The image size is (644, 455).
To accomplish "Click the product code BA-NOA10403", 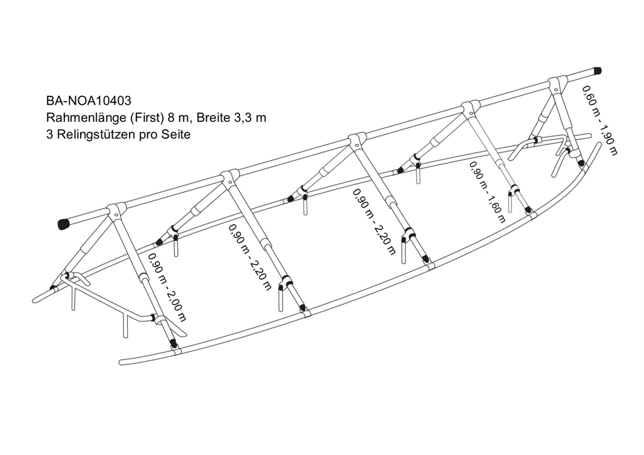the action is (x=89, y=101).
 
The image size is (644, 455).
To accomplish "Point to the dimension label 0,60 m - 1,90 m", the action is (x=600, y=120).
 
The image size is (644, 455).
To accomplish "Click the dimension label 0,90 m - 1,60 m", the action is (x=487, y=192).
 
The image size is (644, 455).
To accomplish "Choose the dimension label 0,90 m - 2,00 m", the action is (x=167, y=288).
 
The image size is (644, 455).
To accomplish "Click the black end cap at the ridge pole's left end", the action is (x=65, y=224).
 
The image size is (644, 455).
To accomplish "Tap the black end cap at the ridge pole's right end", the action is (x=597, y=70).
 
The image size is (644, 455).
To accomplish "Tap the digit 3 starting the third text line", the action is (x=50, y=135).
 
